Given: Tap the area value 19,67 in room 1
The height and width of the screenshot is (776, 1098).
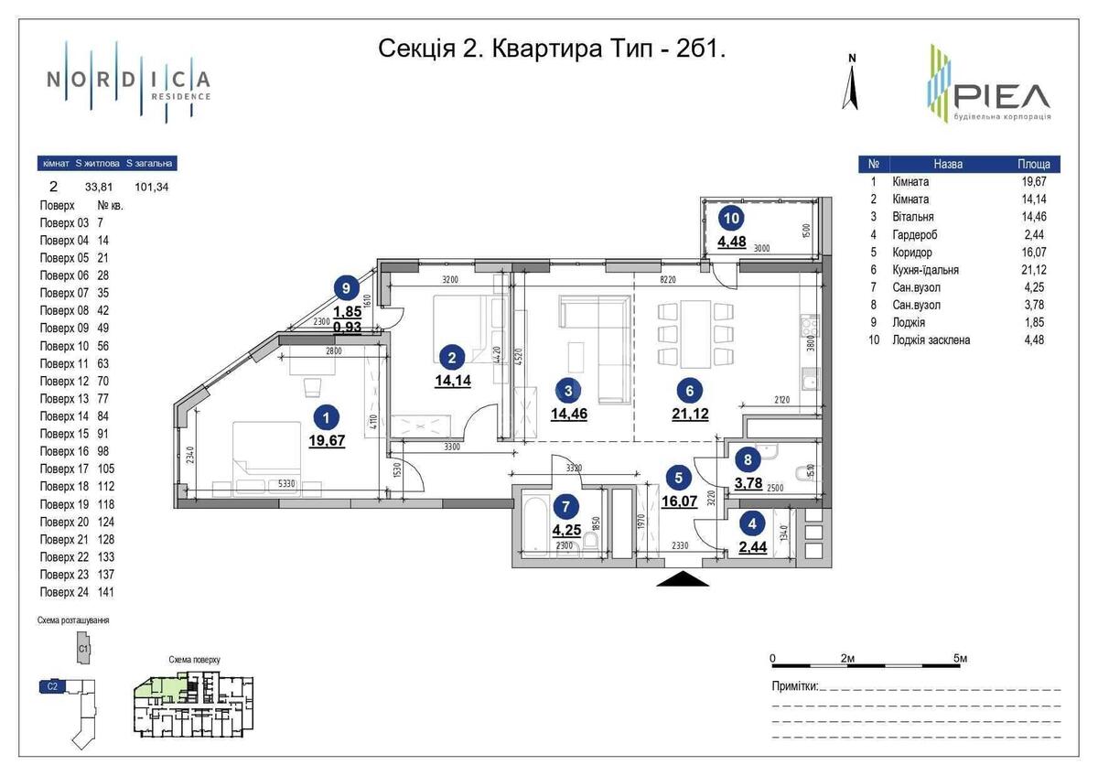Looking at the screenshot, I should pos(327,440).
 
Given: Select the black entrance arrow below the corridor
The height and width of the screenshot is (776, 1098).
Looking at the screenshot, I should pos(683,578).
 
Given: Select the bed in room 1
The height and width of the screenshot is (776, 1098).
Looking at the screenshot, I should pos(265,448).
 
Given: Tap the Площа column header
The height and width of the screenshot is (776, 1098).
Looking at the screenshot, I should pos(1034,165).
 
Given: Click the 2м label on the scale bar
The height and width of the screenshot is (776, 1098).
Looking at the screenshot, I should pos(847,658).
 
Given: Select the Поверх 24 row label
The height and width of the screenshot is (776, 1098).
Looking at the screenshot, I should pos(65,592).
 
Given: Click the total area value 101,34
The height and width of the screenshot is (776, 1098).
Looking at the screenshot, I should pos(152,187).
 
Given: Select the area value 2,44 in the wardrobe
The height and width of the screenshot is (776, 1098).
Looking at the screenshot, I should pos(752,547).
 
